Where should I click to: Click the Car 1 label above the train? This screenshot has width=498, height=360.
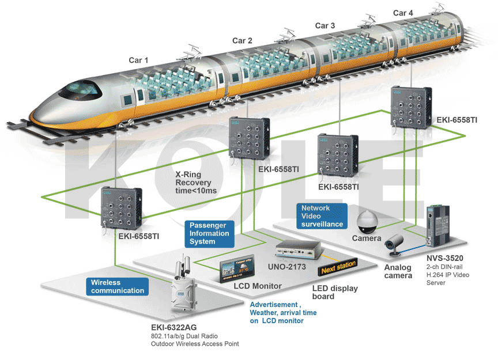pos(138,60)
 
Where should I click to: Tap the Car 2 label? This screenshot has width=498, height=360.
pos(242,40)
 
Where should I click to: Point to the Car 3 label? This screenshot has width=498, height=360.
pos(325,26)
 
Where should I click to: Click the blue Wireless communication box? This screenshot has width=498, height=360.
pos(117,286)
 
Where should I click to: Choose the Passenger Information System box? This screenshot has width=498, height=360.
pos(209,233)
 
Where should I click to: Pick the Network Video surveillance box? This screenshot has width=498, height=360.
pos(322,215)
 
